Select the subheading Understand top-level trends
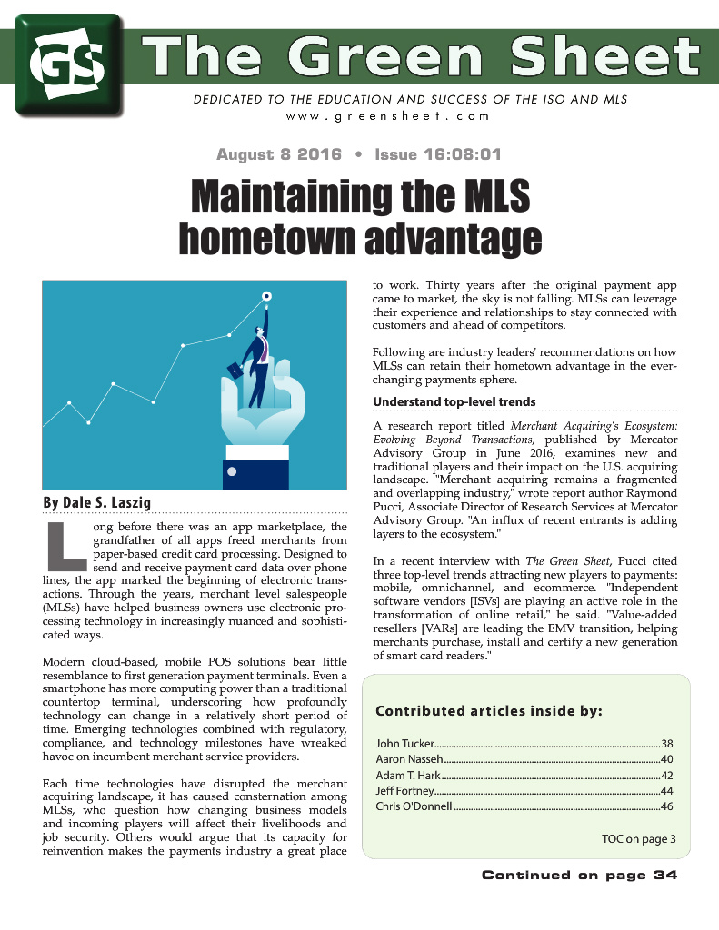[x=454, y=401]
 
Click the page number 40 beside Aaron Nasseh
[x=666, y=758]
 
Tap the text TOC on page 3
[x=638, y=838]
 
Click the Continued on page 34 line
[x=579, y=876]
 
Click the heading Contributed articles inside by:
[x=488, y=710]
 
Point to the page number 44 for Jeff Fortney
[x=666, y=791]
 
